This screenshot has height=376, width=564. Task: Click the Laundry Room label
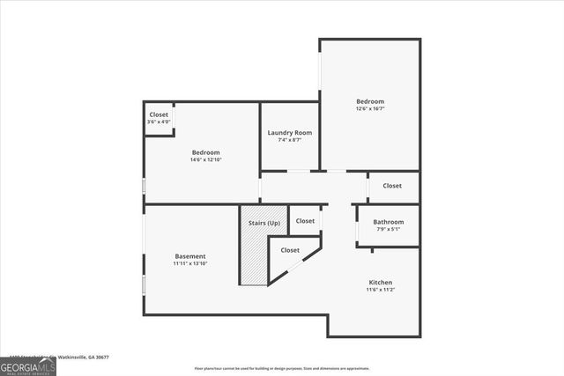[289, 132]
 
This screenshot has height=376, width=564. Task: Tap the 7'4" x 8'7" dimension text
[289, 140]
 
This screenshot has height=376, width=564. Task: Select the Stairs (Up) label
[263, 224]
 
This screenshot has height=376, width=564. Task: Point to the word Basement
[189, 256]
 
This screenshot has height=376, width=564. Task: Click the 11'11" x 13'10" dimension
[189, 264]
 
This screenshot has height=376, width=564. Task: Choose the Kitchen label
[381, 282]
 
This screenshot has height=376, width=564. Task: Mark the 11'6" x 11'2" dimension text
[381, 290]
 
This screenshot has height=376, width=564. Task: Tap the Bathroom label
[388, 222]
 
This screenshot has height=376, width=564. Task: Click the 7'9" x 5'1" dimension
[388, 230]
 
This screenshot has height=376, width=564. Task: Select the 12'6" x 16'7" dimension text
[370, 109]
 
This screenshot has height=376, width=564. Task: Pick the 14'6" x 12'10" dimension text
[205, 160]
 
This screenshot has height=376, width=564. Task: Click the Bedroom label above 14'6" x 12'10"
[205, 152]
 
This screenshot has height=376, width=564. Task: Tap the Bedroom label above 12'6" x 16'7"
[370, 101]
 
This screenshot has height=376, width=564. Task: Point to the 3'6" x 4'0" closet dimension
[159, 122]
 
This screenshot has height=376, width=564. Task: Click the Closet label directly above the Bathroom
[392, 186]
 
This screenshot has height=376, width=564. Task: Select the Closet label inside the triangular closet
[290, 250]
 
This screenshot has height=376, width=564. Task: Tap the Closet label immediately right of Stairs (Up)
[305, 220]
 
